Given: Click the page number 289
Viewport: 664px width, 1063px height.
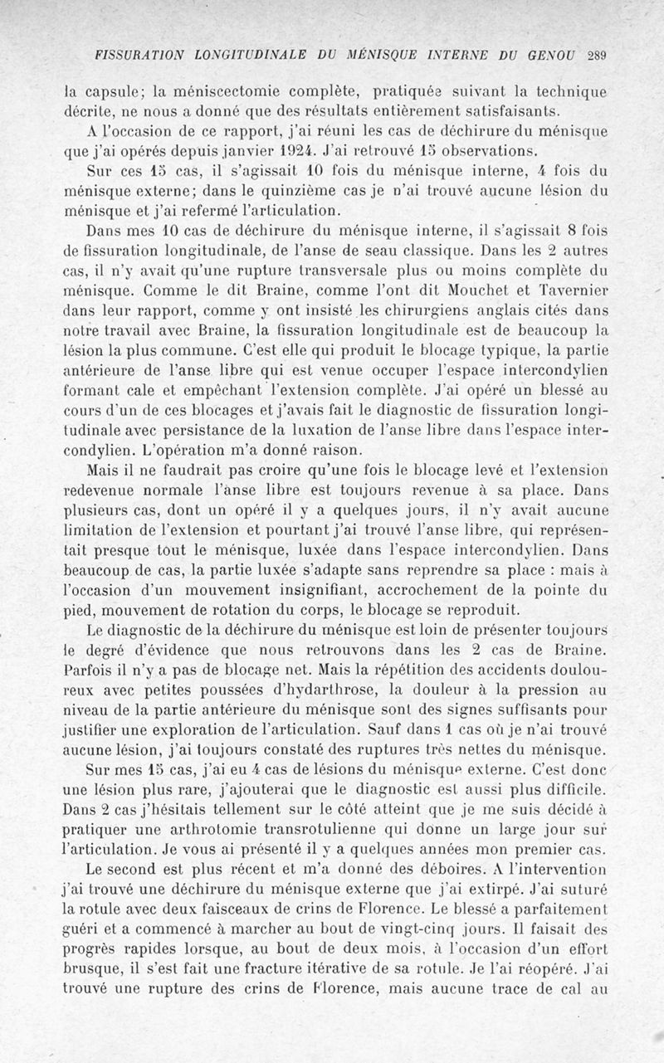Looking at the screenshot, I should coord(598,56).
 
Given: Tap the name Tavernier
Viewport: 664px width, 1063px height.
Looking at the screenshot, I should coord(572,292).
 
